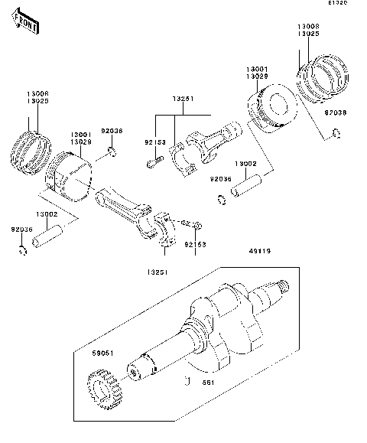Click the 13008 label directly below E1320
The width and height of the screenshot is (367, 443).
tap(308, 27)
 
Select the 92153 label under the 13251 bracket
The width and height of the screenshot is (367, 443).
tap(156, 142)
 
